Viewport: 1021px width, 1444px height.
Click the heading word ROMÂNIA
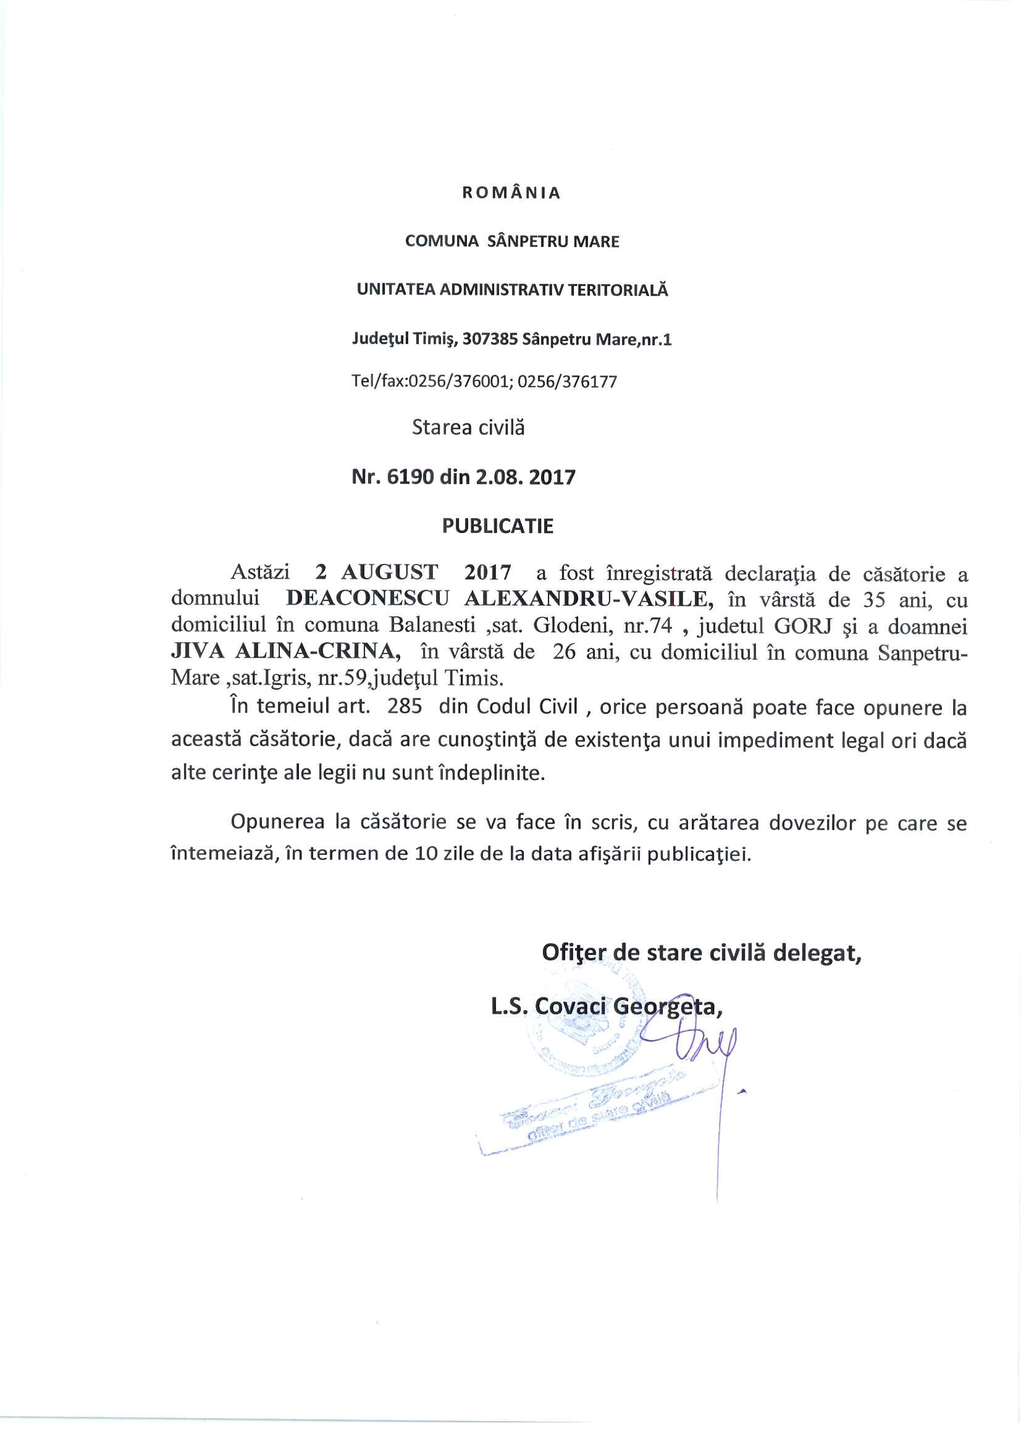click(511, 193)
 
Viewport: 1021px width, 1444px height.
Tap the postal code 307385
click(490, 340)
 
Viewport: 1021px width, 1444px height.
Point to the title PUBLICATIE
click(497, 526)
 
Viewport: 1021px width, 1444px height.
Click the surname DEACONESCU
click(367, 598)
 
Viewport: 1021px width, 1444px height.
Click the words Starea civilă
click(468, 427)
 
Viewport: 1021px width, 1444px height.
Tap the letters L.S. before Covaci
click(510, 1007)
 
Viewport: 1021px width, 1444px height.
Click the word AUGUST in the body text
click(389, 573)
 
